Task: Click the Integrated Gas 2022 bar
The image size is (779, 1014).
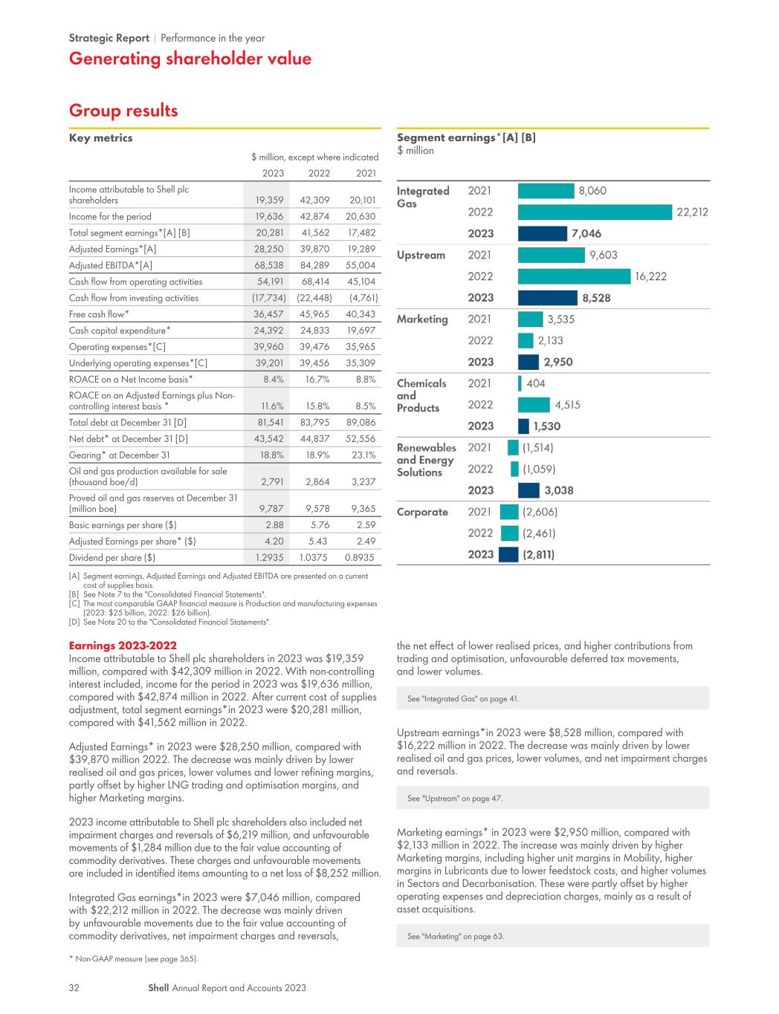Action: pyautogui.click(x=595, y=212)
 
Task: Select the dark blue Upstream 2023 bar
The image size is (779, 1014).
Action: pyautogui.click(x=548, y=298)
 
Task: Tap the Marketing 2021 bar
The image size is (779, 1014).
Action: pyautogui.click(x=530, y=319)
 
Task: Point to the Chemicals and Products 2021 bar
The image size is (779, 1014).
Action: pyautogui.click(x=520, y=383)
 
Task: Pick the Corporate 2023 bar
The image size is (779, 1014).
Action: pyautogui.click(x=508, y=554)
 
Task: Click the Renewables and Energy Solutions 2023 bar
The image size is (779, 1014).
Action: pyautogui.click(x=529, y=490)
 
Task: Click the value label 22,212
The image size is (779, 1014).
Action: pyautogui.click(x=692, y=212)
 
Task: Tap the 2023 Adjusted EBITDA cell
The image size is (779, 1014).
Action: pyautogui.click(x=269, y=265)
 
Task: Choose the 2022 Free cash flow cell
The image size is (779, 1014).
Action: pyautogui.click(x=314, y=314)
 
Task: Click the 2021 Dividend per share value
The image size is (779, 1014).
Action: pyautogui.click(x=359, y=558)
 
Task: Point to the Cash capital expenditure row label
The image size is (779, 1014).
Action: pyautogui.click(x=120, y=331)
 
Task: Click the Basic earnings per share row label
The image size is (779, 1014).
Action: pyautogui.click(x=123, y=525)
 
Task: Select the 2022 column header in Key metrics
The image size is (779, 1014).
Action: pyautogui.click(x=319, y=173)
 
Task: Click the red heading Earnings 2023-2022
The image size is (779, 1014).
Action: pyautogui.click(x=123, y=646)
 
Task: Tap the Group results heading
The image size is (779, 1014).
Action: pyautogui.click(x=123, y=111)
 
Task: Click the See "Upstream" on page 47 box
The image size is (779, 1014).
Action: pyautogui.click(x=552, y=798)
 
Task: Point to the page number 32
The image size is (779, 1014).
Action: pyautogui.click(x=74, y=988)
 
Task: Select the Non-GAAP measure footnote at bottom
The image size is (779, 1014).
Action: pyautogui.click(x=134, y=959)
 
